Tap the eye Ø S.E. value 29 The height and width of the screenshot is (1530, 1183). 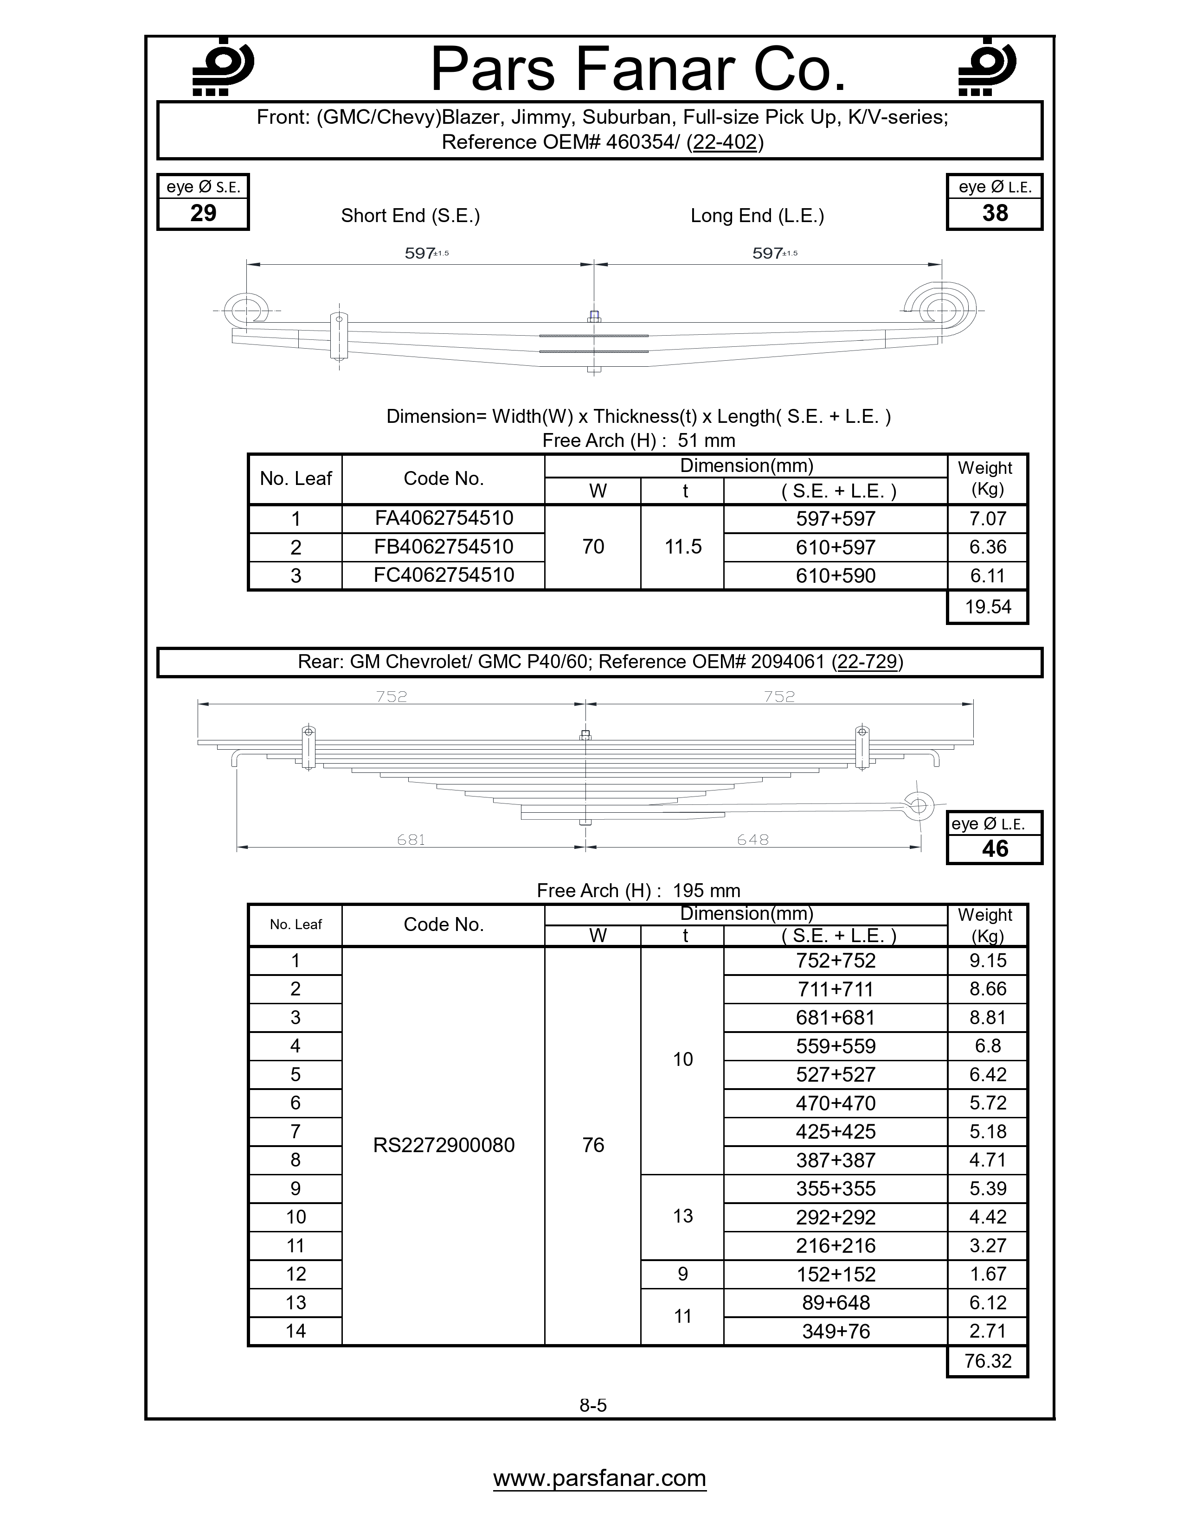point(203,213)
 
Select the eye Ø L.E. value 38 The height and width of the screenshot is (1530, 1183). point(995,213)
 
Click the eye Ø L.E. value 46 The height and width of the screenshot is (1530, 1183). point(995,849)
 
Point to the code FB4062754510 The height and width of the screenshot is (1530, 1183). point(443,547)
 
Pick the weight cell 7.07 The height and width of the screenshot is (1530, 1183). point(988,519)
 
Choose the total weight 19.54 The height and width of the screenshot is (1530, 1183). point(988,607)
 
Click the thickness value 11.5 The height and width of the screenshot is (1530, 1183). point(682,547)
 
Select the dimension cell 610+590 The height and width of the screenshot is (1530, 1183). point(836,576)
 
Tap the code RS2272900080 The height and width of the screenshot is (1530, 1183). point(443,1145)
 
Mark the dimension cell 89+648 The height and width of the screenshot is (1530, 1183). point(836,1302)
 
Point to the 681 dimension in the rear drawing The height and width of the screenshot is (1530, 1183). point(411,839)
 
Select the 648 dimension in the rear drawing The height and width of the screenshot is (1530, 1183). point(752,839)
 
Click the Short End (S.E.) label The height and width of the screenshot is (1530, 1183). point(410,216)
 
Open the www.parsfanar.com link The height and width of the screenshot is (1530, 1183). point(599,1478)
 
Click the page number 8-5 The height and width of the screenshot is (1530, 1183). point(593,1405)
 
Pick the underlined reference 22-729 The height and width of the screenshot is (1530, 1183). point(867,662)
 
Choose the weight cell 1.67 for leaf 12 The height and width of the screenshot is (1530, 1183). point(988,1274)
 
